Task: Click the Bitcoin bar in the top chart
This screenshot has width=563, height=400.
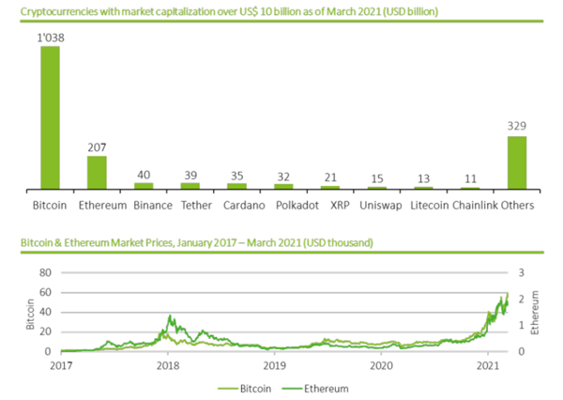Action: [x=50, y=117]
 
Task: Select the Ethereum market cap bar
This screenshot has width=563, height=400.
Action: [x=97, y=172]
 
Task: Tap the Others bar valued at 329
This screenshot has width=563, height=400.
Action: [x=517, y=162]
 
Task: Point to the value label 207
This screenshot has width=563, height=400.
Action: [x=97, y=147]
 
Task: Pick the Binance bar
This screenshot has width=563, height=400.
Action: [x=144, y=186]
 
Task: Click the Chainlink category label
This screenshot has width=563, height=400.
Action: [x=475, y=204]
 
